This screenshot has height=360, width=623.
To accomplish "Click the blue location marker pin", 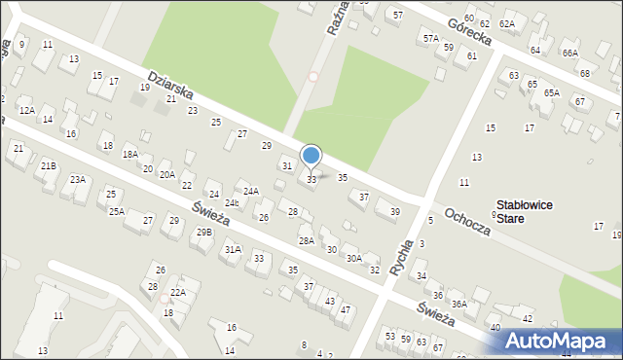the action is tap(311, 156).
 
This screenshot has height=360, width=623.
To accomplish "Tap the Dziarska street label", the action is tap(171, 89).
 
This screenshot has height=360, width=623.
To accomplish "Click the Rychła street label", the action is tap(399, 254).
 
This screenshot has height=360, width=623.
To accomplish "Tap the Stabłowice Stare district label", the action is tap(525, 211).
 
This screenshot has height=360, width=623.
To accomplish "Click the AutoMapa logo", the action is tap(559, 341).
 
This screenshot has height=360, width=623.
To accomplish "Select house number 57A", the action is tap(430, 38).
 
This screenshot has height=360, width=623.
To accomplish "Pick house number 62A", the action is tap(506, 23).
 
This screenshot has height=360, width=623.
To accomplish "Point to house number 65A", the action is tap(552, 92).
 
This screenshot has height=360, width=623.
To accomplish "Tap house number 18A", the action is tap(130, 154).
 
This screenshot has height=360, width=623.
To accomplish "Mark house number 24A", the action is tap(251, 191).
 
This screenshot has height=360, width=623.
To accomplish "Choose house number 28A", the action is tap(306, 240).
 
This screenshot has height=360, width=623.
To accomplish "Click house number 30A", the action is tap(354, 258).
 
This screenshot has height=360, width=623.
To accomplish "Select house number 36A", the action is tap(458, 304).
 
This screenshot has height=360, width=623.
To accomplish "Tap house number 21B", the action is tap(48, 166).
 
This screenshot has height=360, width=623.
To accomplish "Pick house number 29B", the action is tap(203, 232).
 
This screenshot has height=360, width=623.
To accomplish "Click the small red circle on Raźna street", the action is tap(313, 76).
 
